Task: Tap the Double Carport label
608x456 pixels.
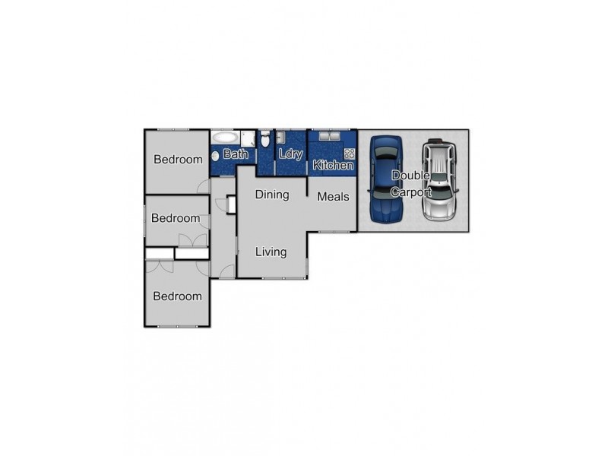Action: (x=411, y=184)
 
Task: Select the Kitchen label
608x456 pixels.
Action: (x=333, y=165)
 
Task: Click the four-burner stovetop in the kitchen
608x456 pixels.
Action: (x=350, y=153)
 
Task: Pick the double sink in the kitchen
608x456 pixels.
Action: (x=328, y=138)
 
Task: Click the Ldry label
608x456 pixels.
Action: (x=290, y=154)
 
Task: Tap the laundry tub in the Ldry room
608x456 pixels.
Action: (x=280, y=138)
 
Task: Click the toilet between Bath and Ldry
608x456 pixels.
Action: (x=264, y=140)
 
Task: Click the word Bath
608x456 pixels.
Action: (x=236, y=154)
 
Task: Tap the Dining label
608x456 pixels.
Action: (x=271, y=195)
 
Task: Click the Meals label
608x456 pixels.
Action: (x=333, y=197)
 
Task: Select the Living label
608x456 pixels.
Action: (x=271, y=252)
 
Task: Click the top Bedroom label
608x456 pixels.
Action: (x=178, y=160)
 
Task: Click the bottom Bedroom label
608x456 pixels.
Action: (x=177, y=296)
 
